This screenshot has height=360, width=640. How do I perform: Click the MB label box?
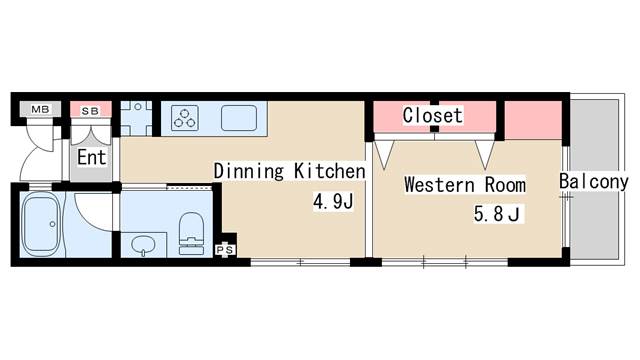[x=40, y=109]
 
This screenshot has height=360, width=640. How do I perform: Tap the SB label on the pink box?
[x=90, y=111]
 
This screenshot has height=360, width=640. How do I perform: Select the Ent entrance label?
[x=91, y=158]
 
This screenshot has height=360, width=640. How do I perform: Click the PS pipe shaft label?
[x=225, y=249]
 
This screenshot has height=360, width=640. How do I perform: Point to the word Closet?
[x=433, y=115]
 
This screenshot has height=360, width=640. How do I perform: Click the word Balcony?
[x=593, y=182]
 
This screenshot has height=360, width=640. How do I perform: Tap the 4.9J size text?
[x=333, y=201]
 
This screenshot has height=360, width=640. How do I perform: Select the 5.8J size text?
[x=497, y=213]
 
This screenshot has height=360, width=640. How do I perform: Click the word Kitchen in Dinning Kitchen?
[x=330, y=171]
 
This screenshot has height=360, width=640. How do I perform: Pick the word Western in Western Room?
[x=440, y=185]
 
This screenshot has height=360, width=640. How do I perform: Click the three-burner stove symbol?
[x=185, y=118]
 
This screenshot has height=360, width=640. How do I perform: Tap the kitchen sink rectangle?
[x=239, y=118]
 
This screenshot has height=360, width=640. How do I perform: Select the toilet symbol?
[x=191, y=233]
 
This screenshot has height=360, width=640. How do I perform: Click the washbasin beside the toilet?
[x=143, y=245]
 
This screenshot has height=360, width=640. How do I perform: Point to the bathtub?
[x=41, y=224]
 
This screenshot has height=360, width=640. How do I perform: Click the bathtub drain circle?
[x=52, y=224]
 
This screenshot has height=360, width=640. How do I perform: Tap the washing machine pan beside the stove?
[x=136, y=118]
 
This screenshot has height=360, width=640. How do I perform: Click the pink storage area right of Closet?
[x=533, y=120]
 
